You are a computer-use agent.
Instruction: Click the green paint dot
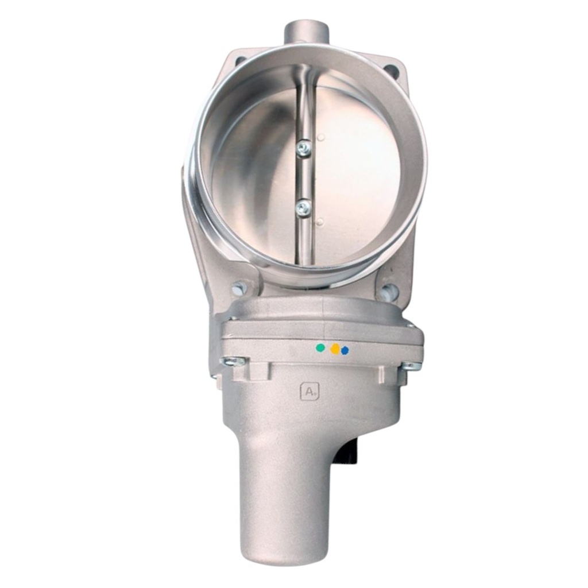319,347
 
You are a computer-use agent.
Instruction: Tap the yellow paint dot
335,349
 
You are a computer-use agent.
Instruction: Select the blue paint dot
345,350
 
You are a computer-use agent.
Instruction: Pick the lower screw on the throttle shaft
303,207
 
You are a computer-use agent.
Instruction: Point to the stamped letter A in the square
310,392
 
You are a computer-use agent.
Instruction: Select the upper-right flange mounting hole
392,71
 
